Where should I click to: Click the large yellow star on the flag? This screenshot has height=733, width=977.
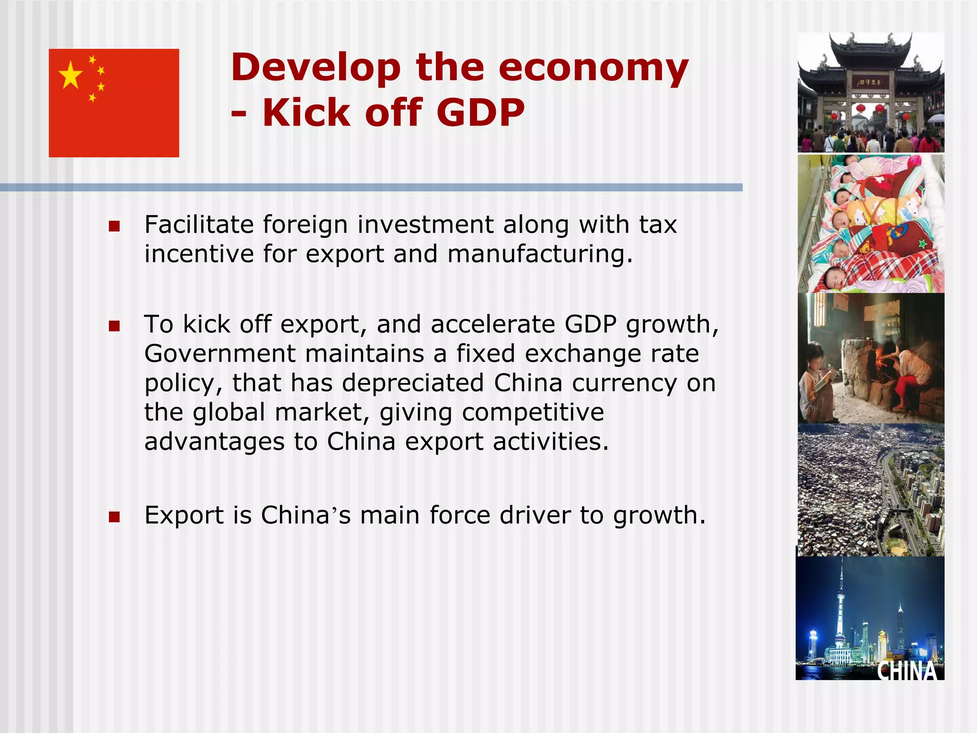[71, 75]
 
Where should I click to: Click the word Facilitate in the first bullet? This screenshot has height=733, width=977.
[199, 225]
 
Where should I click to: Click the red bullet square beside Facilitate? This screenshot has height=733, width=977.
[114, 226]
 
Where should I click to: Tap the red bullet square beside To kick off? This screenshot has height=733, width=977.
[114, 326]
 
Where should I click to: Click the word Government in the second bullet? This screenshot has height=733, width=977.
[220, 354]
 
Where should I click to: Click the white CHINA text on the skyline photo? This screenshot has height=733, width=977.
[907, 670]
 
